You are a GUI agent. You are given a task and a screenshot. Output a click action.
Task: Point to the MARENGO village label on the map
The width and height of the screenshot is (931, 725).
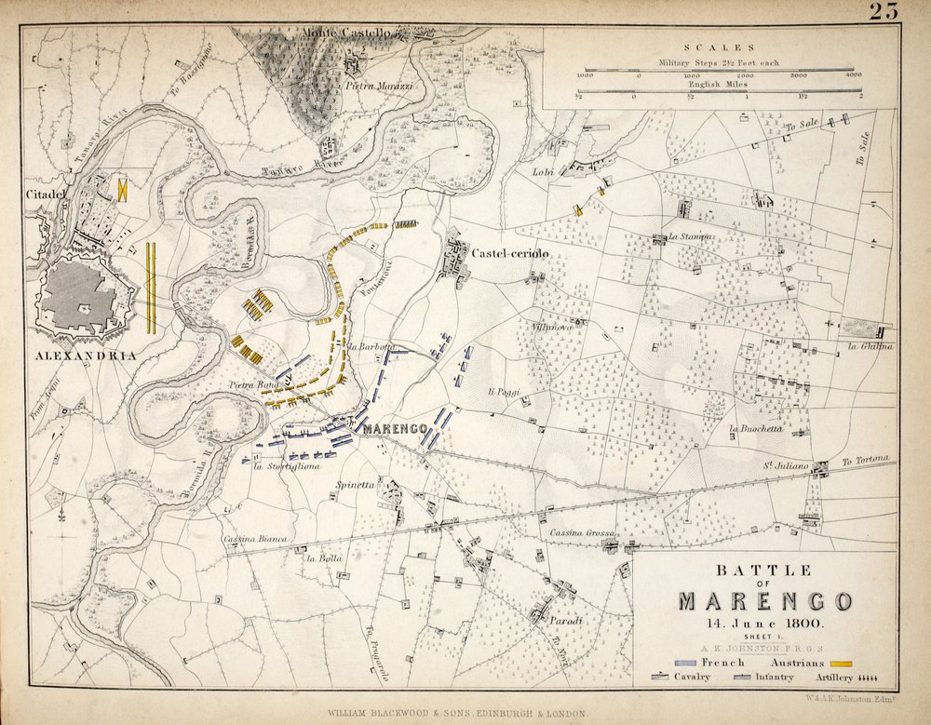pyautogui.click(x=394, y=429)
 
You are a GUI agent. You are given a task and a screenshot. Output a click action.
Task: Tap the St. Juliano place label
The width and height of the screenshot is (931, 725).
pyautogui.click(x=784, y=465)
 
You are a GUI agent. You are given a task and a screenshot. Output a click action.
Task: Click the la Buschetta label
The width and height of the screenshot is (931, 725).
pyautogui.click(x=755, y=429)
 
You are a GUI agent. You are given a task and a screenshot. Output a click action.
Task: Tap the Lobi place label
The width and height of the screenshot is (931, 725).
pyautogui.click(x=543, y=172)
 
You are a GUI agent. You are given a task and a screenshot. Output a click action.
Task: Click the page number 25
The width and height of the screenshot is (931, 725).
pyautogui.click(x=884, y=11)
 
